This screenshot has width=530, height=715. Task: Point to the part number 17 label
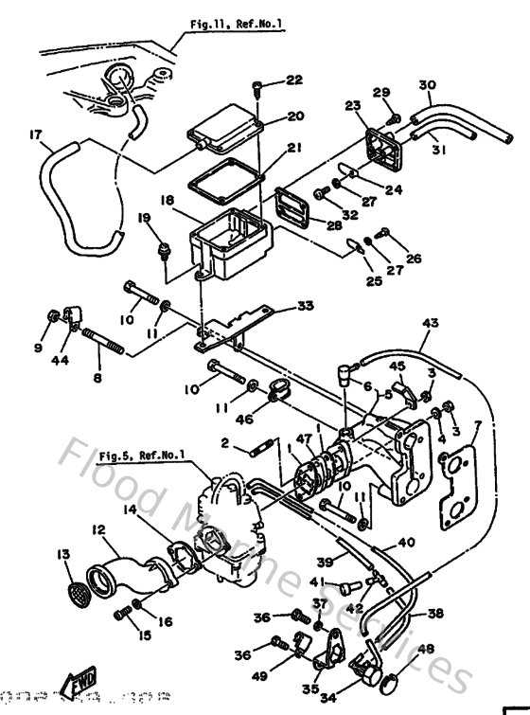pos(37,135)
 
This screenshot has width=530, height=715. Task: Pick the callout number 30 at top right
pos(427,86)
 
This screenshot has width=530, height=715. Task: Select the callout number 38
pos(434,614)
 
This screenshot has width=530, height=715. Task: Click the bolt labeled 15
pos(121,615)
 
